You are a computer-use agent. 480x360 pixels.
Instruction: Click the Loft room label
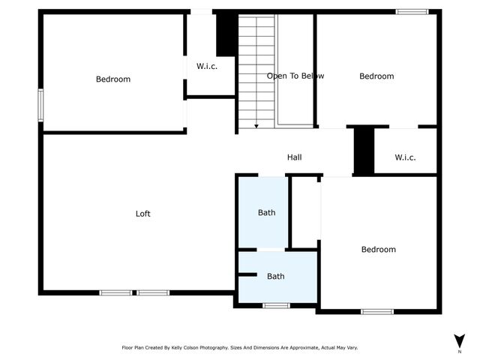(142, 214)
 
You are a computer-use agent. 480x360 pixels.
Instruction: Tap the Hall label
(294, 157)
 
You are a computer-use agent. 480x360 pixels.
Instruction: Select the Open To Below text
(295, 76)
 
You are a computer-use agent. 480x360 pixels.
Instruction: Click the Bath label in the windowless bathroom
(266, 212)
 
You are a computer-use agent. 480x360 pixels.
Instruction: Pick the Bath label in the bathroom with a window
(276, 276)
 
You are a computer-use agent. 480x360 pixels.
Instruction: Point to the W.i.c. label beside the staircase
(207, 66)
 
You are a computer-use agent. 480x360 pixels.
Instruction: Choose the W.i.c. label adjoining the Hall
(405, 157)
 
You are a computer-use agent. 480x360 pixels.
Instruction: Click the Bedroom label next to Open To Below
(376, 76)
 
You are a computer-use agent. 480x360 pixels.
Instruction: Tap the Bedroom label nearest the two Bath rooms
(378, 250)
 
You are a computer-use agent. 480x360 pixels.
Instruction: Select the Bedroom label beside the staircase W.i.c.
(113, 79)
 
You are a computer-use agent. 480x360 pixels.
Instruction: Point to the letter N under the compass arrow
(459, 352)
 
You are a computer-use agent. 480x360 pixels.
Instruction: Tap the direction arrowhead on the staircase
(256, 126)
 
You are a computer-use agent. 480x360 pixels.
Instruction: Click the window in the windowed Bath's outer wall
(276, 305)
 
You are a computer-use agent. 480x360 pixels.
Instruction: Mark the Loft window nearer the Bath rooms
(153, 292)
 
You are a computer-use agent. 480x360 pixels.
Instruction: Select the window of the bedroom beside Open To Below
(412, 11)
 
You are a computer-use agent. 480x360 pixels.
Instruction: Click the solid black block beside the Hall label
(364, 151)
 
